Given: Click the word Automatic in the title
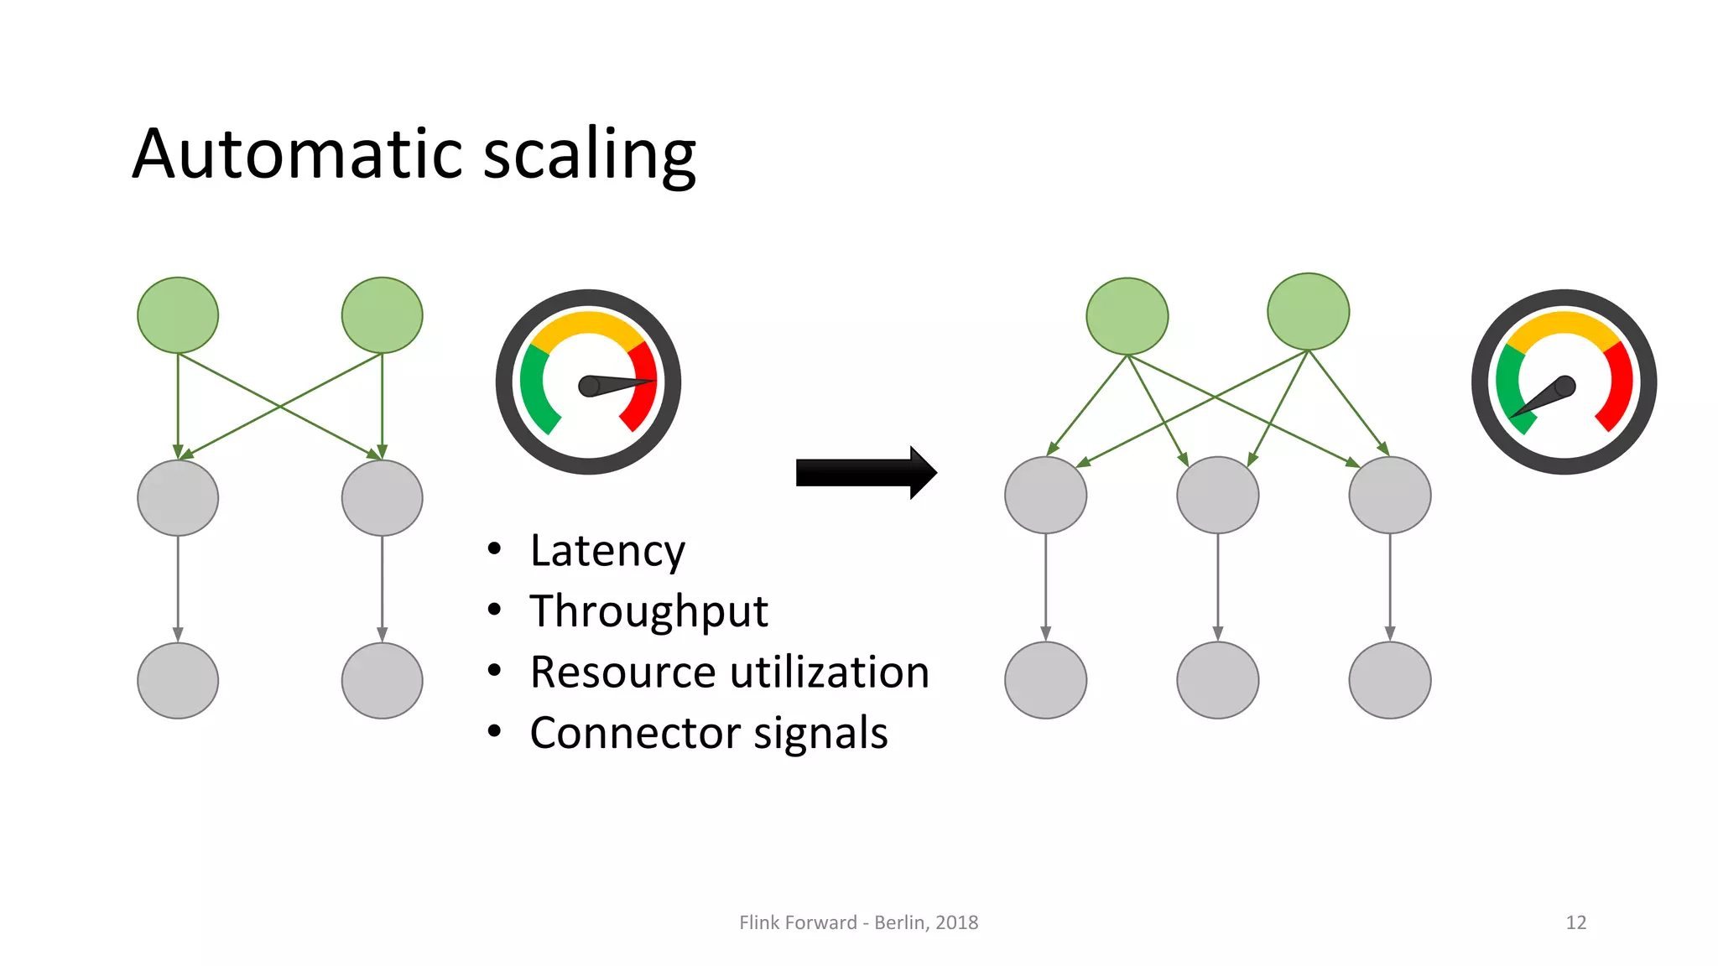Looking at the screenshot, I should tap(299, 154).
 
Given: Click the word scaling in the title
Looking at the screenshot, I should tap(590, 154).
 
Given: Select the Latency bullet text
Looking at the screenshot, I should tap(607, 551).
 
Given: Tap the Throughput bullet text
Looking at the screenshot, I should tap(648, 611).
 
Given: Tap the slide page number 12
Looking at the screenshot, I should tap(1575, 922).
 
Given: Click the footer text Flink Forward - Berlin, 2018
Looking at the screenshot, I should tap(858, 922).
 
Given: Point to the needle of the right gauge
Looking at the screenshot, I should tap(1542, 400).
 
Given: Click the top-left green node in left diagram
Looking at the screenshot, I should tap(178, 315).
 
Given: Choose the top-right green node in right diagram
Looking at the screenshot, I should tap(1308, 312).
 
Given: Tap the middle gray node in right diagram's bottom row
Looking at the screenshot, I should tap(1217, 680).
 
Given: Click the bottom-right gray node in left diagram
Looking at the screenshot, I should tap(382, 680).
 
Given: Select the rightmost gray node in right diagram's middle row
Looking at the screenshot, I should tap(1389, 495).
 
